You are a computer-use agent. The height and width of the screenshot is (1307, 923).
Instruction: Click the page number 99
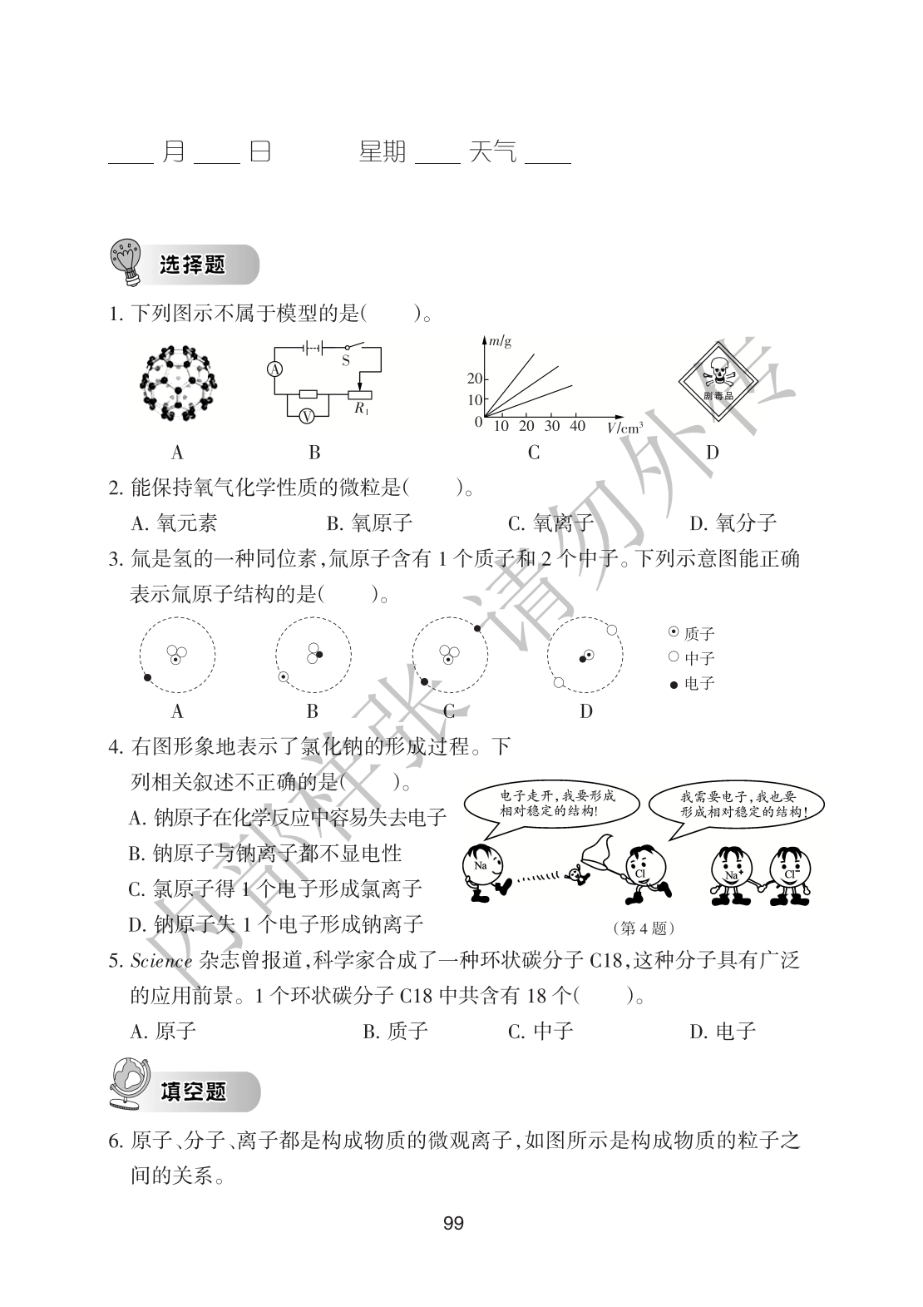click(x=454, y=1223)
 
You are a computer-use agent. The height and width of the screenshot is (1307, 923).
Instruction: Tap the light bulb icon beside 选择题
click(x=126, y=264)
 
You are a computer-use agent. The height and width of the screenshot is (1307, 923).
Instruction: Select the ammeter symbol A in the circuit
click(x=275, y=369)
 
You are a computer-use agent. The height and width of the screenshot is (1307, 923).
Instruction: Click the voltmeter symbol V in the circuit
click(x=306, y=416)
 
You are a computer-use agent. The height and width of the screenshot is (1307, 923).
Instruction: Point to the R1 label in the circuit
click(x=360, y=408)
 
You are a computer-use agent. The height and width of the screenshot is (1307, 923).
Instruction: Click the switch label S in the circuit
click(x=346, y=361)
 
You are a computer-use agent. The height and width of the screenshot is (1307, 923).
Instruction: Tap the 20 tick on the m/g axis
click(x=474, y=379)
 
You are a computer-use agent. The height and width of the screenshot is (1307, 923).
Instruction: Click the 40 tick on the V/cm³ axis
click(x=577, y=426)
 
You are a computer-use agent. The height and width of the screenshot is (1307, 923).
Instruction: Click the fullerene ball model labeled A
click(x=177, y=384)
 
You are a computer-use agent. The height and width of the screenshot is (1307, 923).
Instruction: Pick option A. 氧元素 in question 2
click(x=174, y=522)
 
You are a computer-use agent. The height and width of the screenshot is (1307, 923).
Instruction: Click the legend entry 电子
click(x=692, y=684)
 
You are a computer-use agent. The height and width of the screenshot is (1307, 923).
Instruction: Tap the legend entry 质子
click(x=692, y=634)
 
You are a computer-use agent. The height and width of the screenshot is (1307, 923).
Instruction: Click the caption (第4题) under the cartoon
click(x=643, y=928)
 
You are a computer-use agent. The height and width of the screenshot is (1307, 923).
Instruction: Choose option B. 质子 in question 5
click(x=395, y=1032)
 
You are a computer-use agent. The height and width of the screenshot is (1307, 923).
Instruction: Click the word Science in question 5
click(x=161, y=961)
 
